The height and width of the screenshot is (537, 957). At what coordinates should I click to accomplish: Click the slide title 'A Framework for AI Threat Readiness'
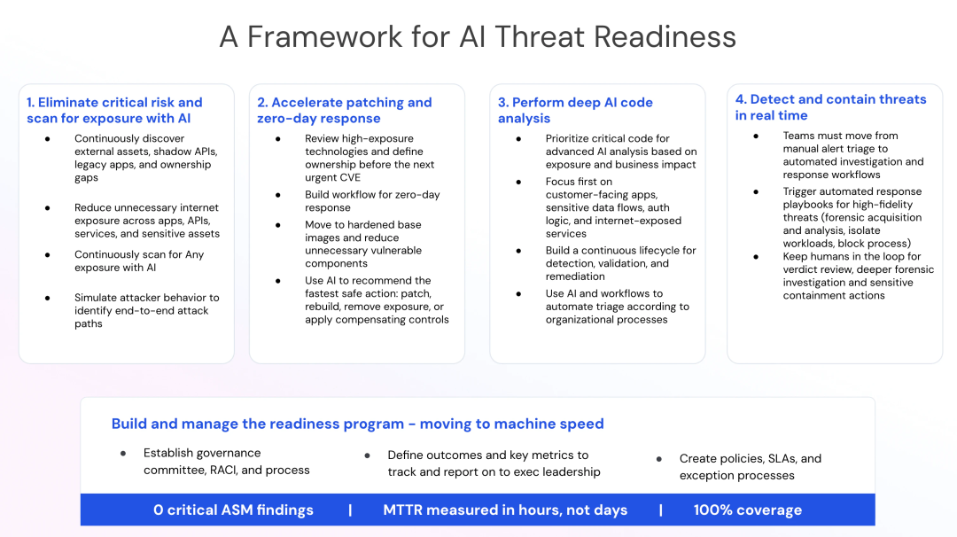[478, 36]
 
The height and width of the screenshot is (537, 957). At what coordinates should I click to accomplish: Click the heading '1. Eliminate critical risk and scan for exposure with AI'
[114, 111]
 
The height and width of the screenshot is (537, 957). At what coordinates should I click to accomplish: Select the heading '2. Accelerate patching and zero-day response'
[344, 111]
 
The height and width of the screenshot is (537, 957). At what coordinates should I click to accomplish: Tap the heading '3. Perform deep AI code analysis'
[576, 111]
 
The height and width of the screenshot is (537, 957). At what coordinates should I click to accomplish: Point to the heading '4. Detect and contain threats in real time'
[830, 107]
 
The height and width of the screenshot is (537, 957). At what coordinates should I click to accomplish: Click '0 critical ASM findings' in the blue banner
[233, 510]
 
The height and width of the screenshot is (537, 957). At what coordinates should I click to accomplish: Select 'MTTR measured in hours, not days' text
[505, 510]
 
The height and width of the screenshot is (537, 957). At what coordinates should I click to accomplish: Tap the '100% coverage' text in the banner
[748, 510]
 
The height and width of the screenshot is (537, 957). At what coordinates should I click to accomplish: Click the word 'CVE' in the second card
[350, 177]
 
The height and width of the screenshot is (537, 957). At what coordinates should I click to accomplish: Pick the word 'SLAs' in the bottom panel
[782, 459]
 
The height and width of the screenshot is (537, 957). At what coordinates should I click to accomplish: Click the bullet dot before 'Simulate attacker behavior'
[48, 298]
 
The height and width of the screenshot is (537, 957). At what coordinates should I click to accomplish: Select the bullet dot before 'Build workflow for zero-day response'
[277, 195]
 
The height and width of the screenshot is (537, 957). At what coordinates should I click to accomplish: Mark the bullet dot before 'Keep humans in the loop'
[756, 257]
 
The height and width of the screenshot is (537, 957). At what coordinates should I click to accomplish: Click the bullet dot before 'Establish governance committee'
[123, 454]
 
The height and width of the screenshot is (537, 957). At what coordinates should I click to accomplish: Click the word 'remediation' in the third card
[576, 276]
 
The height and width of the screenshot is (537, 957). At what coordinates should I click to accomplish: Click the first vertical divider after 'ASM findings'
[350, 510]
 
